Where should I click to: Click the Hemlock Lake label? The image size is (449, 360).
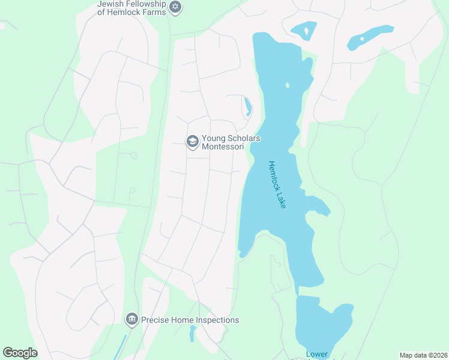tap(277, 185)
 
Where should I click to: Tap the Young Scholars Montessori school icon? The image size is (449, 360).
tap(193, 142)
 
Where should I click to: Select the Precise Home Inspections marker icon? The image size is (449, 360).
tap(132, 320)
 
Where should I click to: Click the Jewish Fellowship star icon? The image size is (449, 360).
tap(175, 7)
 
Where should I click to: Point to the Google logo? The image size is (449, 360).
tap(20, 353)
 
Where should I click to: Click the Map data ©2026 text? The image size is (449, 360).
tap(423, 355)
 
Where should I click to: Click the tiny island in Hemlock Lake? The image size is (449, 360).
tap(288, 85)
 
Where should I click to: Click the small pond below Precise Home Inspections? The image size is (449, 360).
tap(193, 332)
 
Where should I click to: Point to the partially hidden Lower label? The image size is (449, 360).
tap(316, 354)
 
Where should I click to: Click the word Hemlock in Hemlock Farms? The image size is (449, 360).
tap(119, 11)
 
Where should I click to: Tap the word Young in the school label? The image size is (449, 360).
tap(214, 138)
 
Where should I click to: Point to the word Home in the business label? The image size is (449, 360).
tap(181, 320)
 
